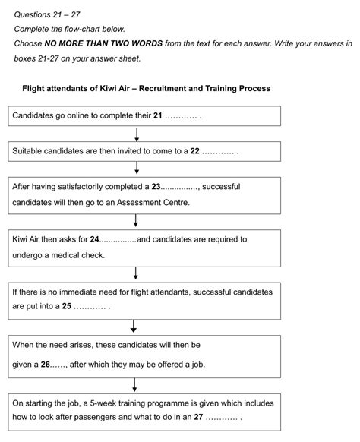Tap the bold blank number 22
click(194, 151)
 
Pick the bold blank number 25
click(67, 307)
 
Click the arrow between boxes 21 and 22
click(136, 134)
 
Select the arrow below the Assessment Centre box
click(136, 220)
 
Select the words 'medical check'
click(65, 254)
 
